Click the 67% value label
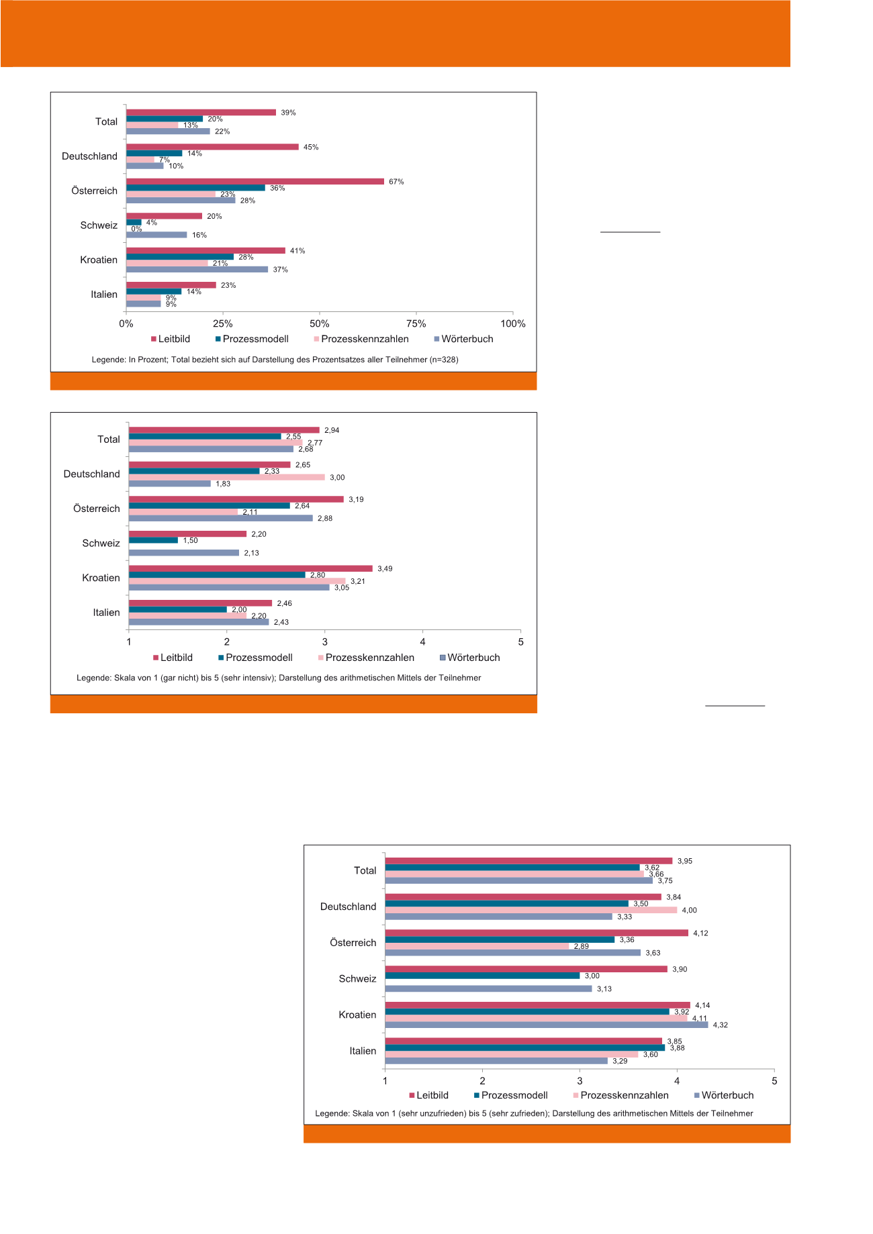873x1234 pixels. coord(396,182)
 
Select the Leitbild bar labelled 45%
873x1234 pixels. coord(212,147)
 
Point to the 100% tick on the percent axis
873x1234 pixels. coord(513,323)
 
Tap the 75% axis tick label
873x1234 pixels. coord(416,323)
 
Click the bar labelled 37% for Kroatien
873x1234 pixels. coord(197,270)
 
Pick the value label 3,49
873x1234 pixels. coord(385,569)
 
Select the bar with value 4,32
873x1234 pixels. coord(546,1025)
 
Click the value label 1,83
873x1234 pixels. coord(223,484)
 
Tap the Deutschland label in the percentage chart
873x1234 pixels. coord(89,156)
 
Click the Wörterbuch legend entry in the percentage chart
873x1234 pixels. coord(467,339)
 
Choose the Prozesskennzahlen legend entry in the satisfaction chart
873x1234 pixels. coord(624,1095)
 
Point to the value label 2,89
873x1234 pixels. coord(581,946)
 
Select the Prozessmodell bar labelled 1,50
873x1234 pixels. coord(153,540)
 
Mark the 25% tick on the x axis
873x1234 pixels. coord(223,323)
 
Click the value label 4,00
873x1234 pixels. coord(689,911)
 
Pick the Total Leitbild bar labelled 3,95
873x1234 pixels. coord(528,861)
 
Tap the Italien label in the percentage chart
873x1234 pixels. coord(104,295)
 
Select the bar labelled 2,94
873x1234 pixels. coord(224,430)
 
